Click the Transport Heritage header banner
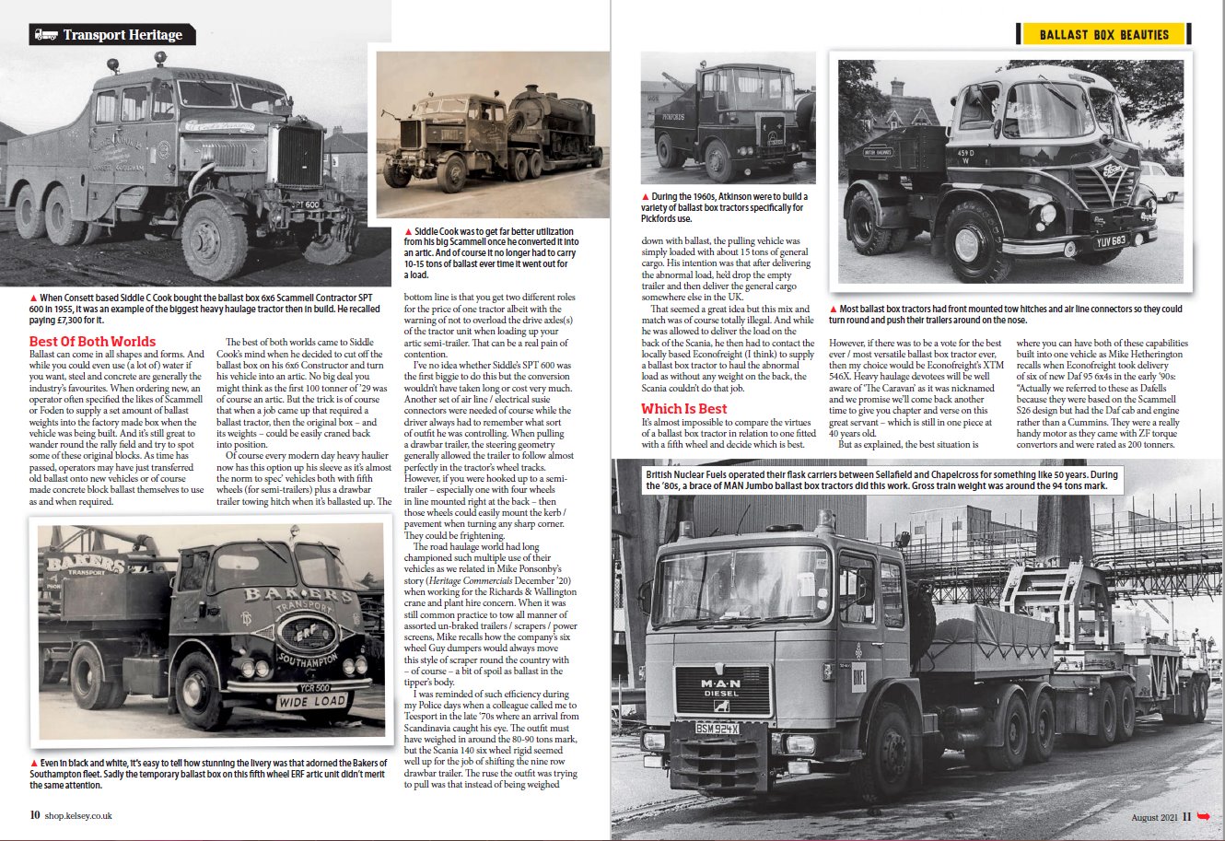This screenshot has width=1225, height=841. click(111, 35)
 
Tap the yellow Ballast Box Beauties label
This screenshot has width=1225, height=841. click(1103, 35)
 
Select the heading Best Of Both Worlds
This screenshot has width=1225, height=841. click(92, 342)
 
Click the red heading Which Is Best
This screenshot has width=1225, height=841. click(683, 409)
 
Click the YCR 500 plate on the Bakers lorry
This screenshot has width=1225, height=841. click(315, 687)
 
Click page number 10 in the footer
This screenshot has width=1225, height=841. click(35, 815)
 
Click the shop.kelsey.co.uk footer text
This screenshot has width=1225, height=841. click(78, 815)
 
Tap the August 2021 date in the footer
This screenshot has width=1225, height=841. click(1155, 816)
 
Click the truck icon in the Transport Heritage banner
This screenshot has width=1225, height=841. click(44, 35)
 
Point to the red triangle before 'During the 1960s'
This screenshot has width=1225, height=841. click(646, 197)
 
